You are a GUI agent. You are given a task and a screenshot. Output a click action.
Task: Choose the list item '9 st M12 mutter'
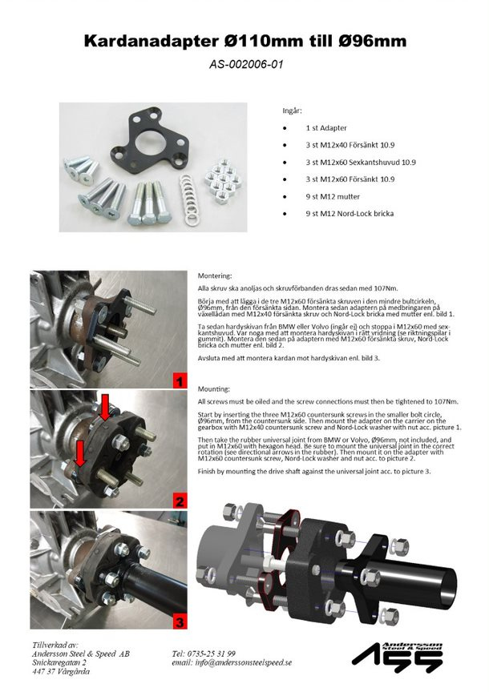pyautogui.click(x=332, y=196)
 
